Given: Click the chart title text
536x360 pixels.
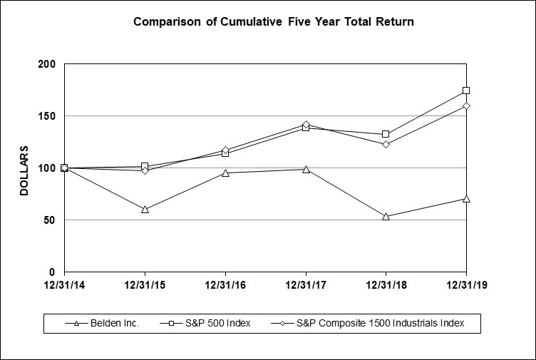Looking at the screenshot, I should (274, 22).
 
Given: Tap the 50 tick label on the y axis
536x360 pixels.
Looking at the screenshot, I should (48, 220).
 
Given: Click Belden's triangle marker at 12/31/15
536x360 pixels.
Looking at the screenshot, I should (145, 210).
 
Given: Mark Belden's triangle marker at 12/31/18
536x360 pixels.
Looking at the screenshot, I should (386, 216).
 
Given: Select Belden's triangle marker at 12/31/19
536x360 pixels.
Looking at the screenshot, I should (466, 198).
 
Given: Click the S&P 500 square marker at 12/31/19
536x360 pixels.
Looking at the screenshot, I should (466, 91).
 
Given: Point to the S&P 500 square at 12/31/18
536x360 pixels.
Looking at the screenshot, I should (386, 134).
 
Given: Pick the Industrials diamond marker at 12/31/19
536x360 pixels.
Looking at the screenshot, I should (466, 106).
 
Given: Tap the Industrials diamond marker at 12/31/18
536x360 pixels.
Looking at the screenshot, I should (386, 144).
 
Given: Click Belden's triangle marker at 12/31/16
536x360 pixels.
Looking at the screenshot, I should (225, 173).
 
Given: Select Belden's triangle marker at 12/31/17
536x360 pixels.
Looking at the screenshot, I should (306, 169).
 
